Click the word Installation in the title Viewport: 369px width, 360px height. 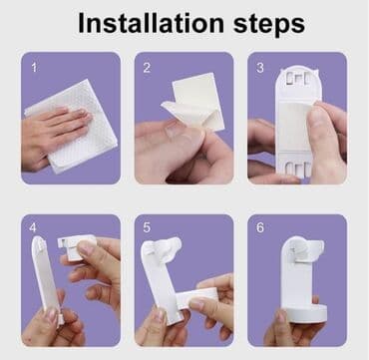[151, 24]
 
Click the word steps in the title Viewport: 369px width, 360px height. [269, 25]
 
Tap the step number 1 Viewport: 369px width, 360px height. [34, 67]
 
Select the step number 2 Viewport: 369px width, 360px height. [147, 68]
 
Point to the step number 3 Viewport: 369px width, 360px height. [260, 68]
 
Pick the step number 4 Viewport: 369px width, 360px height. [33, 227]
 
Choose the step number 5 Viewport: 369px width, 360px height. [147, 227]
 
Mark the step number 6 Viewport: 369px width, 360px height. [260, 227]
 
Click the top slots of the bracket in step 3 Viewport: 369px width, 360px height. [298, 79]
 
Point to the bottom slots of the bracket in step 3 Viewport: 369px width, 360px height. [298, 169]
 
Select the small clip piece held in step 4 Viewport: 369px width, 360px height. [75, 247]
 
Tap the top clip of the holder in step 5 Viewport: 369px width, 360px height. [166, 246]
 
